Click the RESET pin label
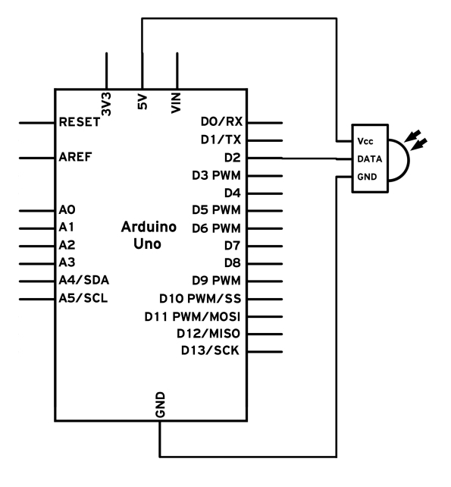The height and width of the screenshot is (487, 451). pyautogui.click(x=80, y=122)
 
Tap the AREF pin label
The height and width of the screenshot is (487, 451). pyautogui.click(x=75, y=157)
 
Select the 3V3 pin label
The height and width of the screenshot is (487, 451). pyautogui.click(x=106, y=104)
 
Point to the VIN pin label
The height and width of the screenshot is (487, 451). pyautogui.click(x=176, y=103)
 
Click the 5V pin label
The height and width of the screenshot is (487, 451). pyautogui.click(x=143, y=102)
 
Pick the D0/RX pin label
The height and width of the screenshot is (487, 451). pyautogui.click(x=221, y=121)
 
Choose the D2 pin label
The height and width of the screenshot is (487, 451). pyautogui.click(x=233, y=158)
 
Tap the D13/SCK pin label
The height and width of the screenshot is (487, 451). pyautogui.click(x=210, y=350)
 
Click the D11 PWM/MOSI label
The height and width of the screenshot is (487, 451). pyautogui.click(x=193, y=317)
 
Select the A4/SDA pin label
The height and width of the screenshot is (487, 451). pyautogui.click(x=84, y=280)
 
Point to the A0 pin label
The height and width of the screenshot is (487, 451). pyautogui.click(x=67, y=210)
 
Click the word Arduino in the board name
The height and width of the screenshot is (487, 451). pyautogui.click(x=149, y=227)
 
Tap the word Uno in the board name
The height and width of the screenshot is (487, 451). pyautogui.click(x=147, y=243)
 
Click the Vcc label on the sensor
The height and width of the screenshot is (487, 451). pyautogui.click(x=365, y=141)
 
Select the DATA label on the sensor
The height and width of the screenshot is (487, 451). pyautogui.click(x=370, y=159)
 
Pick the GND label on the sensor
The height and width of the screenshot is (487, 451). pyautogui.click(x=367, y=177)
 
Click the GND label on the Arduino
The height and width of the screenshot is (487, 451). pyautogui.click(x=160, y=404)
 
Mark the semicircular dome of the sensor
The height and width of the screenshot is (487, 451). pyautogui.click(x=409, y=160)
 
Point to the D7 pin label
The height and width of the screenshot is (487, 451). pyautogui.click(x=233, y=246)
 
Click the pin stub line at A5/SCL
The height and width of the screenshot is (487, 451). pyautogui.click(x=37, y=299)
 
